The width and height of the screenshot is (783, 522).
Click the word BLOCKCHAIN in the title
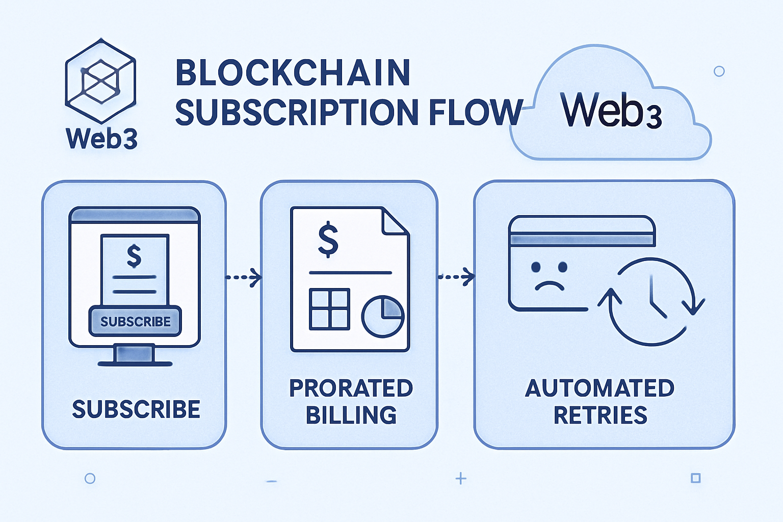point(293,73)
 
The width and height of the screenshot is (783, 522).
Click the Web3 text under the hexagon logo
point(101,138)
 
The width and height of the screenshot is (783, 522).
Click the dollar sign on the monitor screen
point(134,256)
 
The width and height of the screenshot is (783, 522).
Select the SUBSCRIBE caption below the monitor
point(136,409)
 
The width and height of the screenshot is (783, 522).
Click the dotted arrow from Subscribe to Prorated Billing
point(243,277)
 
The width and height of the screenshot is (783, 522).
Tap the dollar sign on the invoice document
point(328,239)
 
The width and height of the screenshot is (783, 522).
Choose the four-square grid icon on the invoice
point(329,308)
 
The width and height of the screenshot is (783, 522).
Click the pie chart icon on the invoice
point(382,317)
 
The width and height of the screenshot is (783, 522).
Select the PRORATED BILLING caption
point(351,402)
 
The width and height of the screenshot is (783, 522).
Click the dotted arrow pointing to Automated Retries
point(456,277)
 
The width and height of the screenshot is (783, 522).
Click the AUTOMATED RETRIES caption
point(600,402)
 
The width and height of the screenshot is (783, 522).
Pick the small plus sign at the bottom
point(461,478)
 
